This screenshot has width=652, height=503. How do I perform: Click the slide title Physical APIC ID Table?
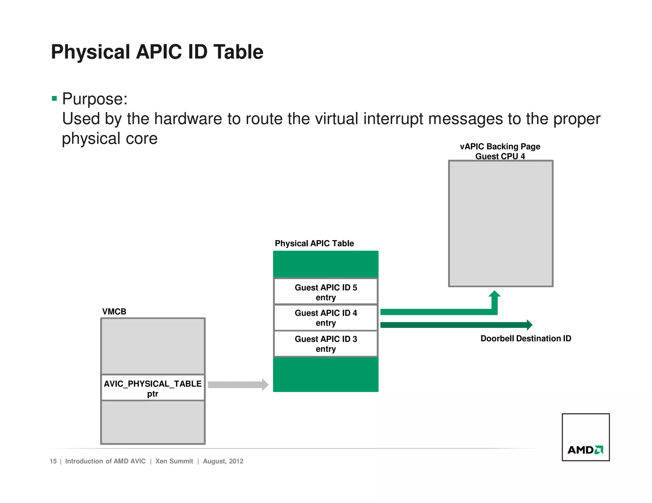[157, 52]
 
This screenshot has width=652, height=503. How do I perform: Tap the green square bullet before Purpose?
[54, 99]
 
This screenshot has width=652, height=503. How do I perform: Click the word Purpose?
[95, 99]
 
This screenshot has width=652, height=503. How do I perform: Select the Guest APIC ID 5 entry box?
[326, 292]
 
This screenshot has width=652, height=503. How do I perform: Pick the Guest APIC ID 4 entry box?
[326, 318]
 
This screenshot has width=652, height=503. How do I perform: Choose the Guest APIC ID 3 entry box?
[326, 344]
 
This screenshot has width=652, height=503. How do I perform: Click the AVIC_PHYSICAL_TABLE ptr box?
[152, 388]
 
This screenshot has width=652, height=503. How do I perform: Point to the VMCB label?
[114, 312]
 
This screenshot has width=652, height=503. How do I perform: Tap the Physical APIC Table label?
[314, 243]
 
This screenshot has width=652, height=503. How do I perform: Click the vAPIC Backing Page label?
[500, 147]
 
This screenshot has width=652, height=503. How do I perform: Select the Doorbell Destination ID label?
[526, 338]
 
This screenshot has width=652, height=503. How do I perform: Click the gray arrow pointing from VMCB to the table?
[237, 385]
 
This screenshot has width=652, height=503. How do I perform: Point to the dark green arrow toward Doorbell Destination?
[455, 325]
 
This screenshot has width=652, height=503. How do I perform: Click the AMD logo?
[585, 450]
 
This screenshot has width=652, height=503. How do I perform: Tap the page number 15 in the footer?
[53, 461]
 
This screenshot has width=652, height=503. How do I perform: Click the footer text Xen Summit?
[174, 461]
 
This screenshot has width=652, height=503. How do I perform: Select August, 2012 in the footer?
[223, 461]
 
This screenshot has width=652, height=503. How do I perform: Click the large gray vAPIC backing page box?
[500, 223]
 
